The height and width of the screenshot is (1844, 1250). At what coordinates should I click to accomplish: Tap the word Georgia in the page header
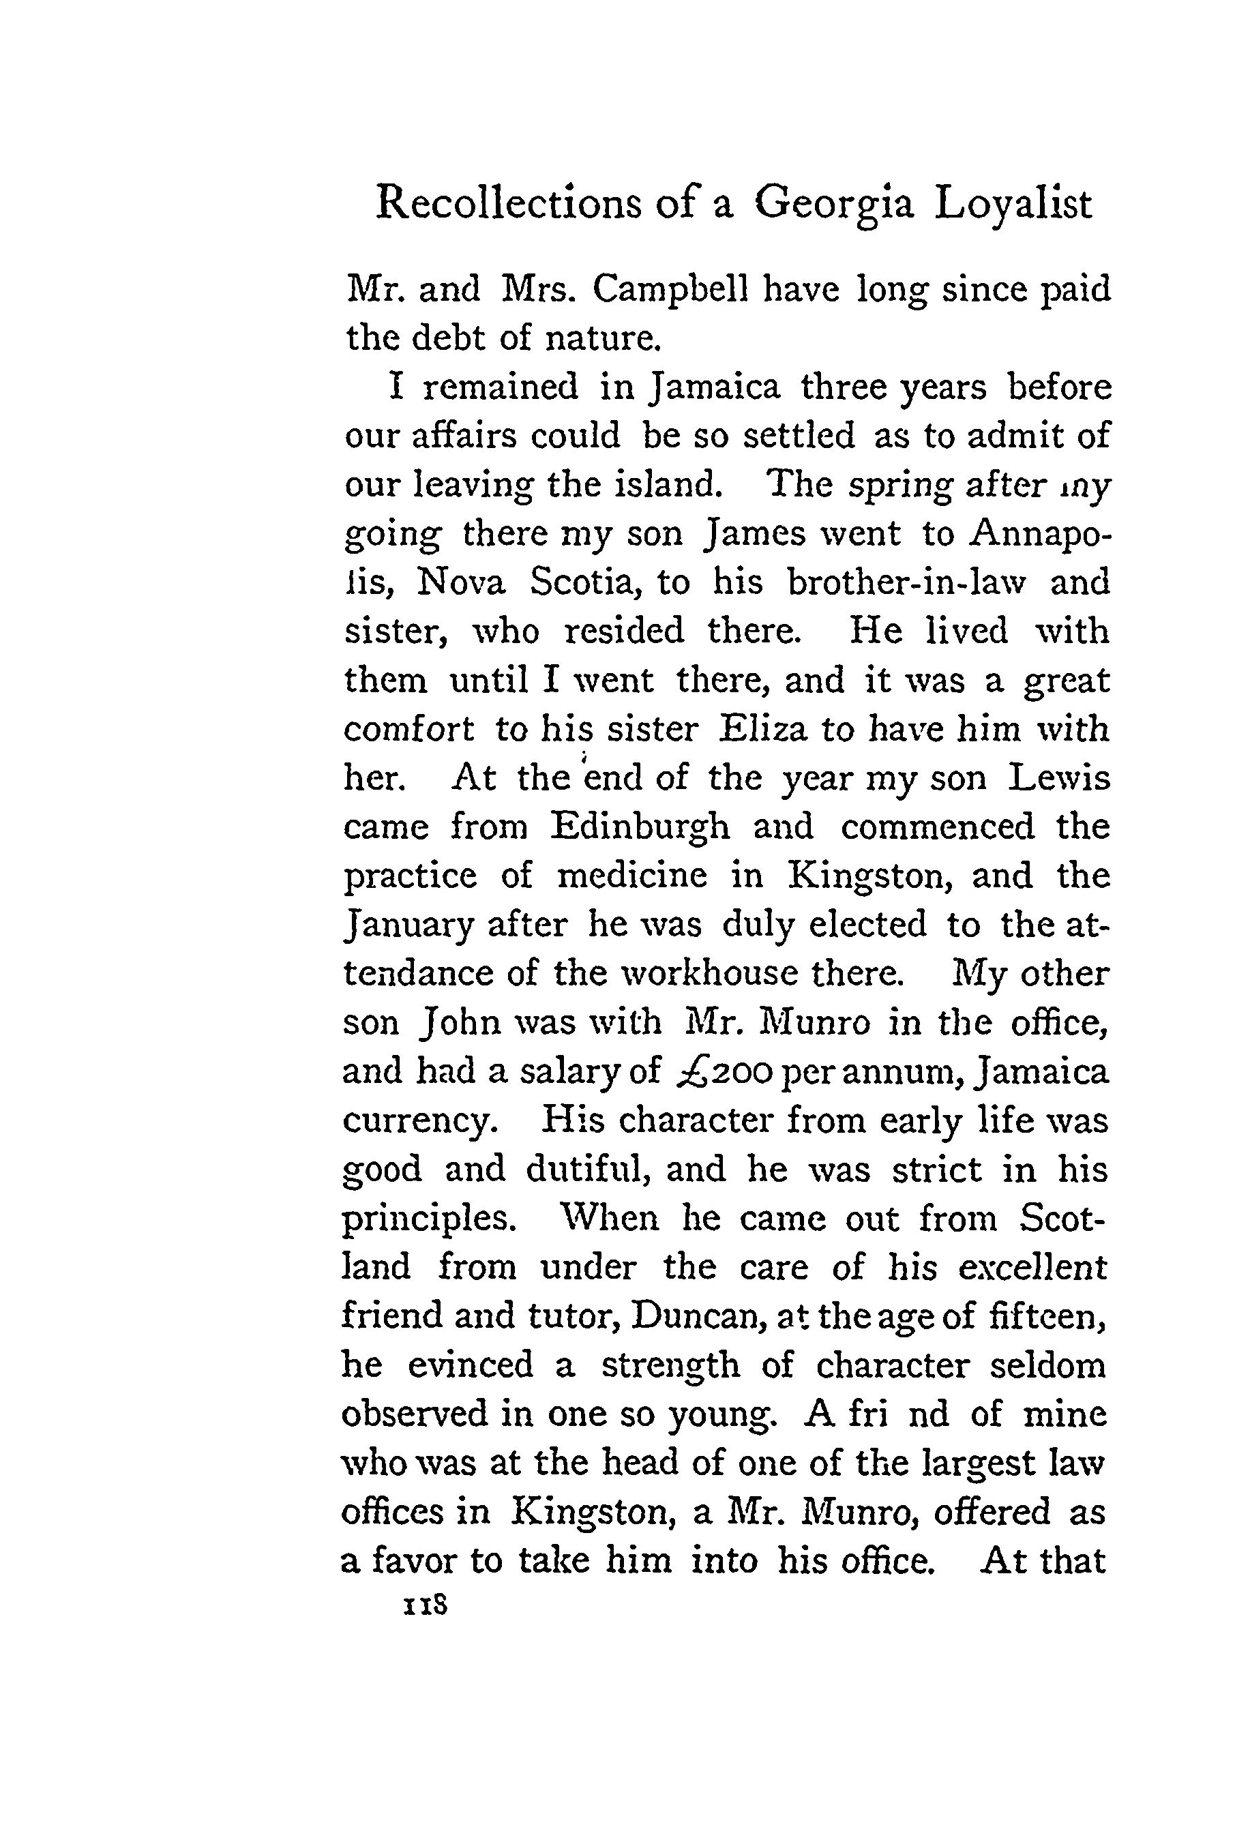pos(833,204)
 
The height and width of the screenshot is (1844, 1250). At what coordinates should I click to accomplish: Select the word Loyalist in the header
pos(1013,204)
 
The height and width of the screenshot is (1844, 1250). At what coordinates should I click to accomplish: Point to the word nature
pos(603,339)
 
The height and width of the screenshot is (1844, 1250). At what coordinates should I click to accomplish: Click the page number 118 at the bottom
pos(426,1607)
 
